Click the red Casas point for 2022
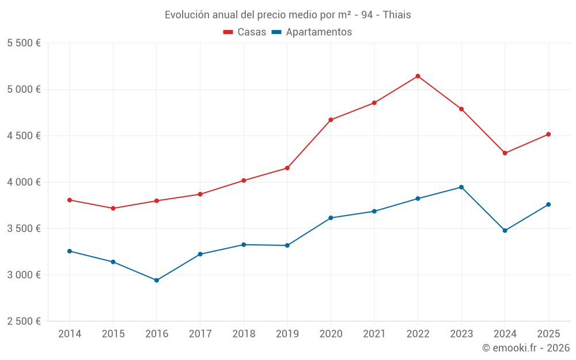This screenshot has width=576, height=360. coord(418,76)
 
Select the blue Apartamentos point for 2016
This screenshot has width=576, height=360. coord(157,281)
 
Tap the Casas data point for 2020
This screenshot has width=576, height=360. coord(331,120)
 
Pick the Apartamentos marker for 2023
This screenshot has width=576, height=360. coord(461,187)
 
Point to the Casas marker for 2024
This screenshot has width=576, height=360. coord(505,153)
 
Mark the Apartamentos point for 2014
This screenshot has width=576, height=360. coord(69,251)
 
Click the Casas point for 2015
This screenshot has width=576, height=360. coord(113,209)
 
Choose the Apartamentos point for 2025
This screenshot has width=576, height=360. coord(548,204)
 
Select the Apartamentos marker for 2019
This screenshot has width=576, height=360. coord(287,245)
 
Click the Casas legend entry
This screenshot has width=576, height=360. coord(245,32)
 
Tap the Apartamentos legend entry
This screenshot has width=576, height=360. coord(312,32)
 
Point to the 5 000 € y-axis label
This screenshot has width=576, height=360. coord(24,89)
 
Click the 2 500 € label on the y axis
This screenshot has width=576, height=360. coord(24,321)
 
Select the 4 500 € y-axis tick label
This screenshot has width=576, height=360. coord(24,136)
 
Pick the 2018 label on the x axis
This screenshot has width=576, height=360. coord(244,334)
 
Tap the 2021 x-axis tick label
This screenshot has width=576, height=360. coord(374,334)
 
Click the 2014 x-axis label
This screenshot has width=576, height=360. coord(69,334)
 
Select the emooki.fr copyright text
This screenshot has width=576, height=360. coord(526,348)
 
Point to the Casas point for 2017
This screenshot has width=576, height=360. coord(200,194)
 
